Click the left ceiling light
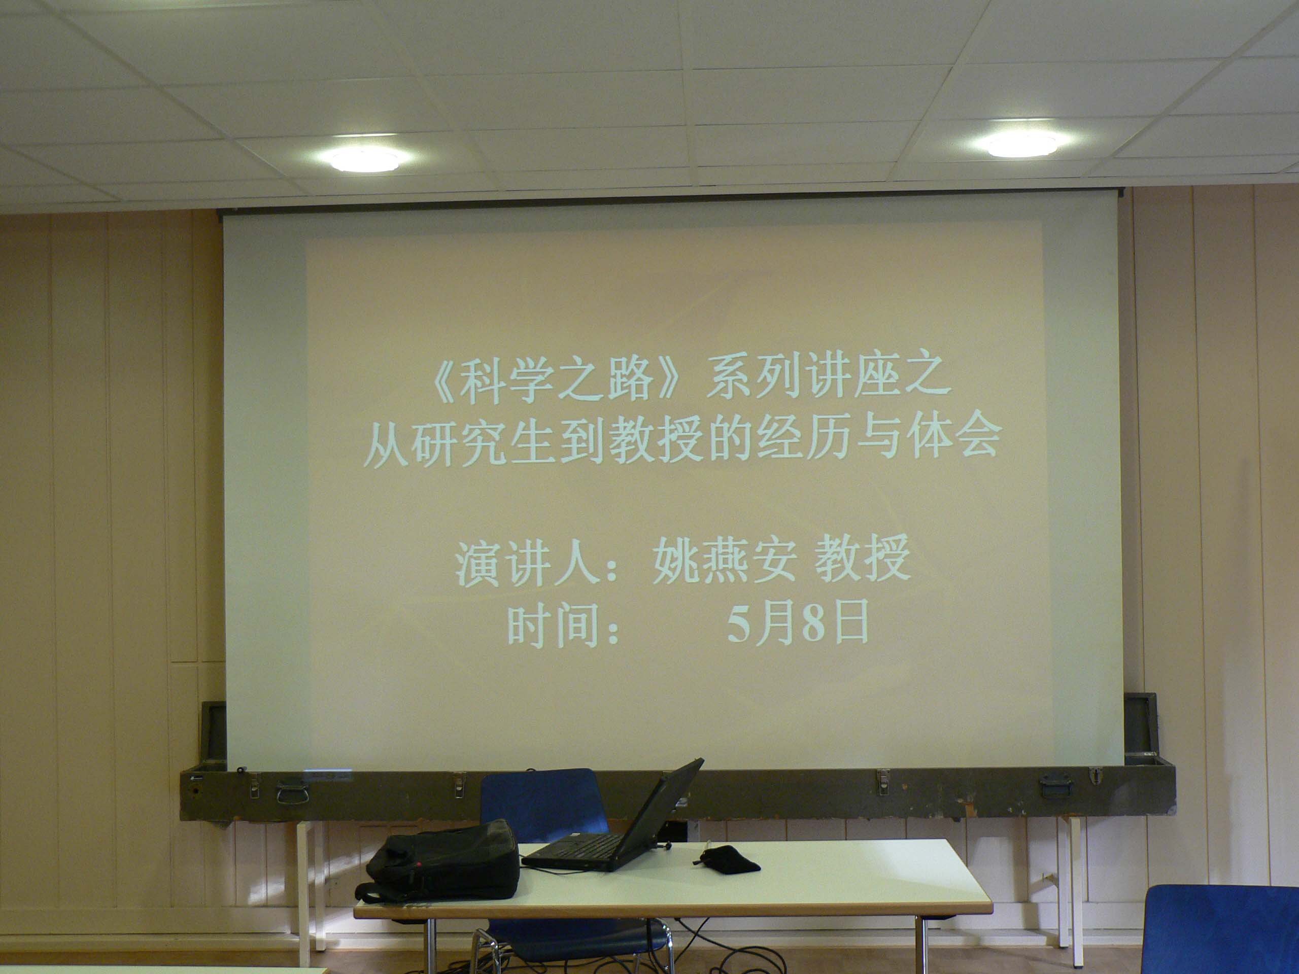[365, 160]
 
